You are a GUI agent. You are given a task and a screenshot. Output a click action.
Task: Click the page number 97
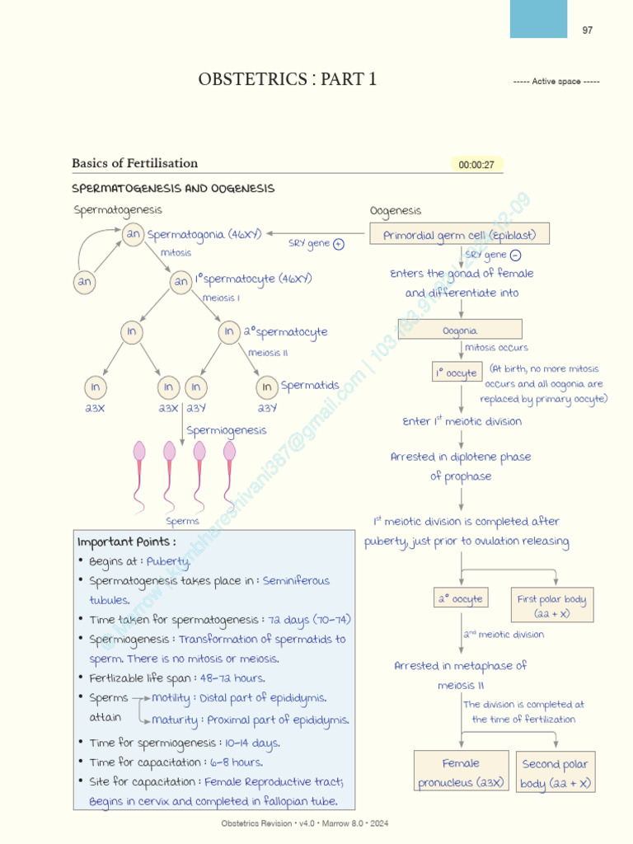[587, 30]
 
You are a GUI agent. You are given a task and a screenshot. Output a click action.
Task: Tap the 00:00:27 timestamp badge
[476, 165]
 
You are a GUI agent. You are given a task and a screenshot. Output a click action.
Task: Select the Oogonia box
[460, 330]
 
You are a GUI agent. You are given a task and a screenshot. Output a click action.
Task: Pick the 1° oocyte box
[456, 373]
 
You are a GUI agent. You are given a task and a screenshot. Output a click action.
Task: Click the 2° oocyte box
[461, 598]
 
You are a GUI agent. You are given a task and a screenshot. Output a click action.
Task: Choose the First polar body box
[551, 606]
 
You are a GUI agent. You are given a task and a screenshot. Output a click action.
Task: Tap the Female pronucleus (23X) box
[461, 772]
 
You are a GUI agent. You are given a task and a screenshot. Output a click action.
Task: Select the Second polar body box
[556, 772]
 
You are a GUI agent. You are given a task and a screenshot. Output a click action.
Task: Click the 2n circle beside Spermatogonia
[133, 235]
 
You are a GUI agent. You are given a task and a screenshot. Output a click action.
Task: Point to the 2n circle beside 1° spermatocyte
[181, 282]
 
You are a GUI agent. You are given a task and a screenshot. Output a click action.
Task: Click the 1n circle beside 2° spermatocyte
[228, 331]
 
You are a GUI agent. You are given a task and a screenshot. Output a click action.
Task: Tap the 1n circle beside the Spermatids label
[266, 387]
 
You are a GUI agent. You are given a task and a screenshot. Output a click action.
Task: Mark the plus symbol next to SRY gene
[339, 244]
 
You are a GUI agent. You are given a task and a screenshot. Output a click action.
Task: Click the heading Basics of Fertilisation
[134, 163]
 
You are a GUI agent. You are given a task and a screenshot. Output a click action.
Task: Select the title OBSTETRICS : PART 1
[287, 79]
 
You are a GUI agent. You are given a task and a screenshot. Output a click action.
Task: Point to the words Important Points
[126, 542]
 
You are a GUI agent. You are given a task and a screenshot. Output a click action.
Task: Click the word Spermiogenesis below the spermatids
[226, 430]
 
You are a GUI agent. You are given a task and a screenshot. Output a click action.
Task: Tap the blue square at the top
[538, 18]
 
